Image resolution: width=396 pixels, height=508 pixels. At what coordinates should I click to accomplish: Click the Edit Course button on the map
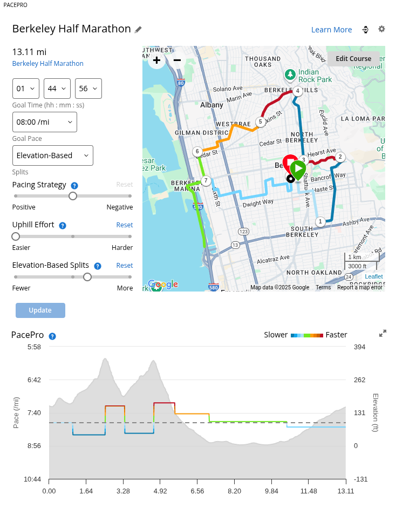click(x=353, y=59)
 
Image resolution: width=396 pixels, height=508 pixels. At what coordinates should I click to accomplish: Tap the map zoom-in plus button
click(x=156, y=60)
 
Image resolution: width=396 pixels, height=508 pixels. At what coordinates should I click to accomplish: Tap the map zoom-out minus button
click(x=177, y=60)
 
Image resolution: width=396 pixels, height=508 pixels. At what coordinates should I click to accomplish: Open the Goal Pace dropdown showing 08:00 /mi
click(x=45, y=122)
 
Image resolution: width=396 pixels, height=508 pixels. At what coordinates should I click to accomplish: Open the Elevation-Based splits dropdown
click(x=53, y=155)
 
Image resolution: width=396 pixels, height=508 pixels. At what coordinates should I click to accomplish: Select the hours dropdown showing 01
click(x=26, y=89)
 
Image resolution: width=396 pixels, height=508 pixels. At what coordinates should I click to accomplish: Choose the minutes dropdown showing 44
click(x=57, y=89)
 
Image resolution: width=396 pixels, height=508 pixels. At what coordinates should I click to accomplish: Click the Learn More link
click(x=331, y=30)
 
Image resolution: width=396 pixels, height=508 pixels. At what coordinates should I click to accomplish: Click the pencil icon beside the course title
click(x=139, y=30)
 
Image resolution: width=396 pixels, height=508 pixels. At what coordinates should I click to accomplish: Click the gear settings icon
click(x=382, y=29)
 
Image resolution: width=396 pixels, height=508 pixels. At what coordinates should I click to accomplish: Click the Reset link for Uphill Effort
click(x=125, y=225)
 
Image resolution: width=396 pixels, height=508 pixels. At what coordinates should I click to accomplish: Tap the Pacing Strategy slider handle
click(x=73, y=196)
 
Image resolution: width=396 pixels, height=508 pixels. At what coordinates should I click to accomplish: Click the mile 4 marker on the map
click(x=297, y=91)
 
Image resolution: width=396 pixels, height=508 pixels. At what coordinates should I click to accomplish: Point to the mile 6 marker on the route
click(x=197, y=151)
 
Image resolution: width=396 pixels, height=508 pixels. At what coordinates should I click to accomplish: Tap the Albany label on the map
click(x=211, y=105)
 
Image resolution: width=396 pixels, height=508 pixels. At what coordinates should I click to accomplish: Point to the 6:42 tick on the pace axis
click(x=34, y=380)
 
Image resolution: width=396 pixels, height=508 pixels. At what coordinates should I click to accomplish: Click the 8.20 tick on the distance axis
click(x=234, y=491)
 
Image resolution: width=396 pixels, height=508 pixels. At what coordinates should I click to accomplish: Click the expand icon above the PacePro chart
click(x=383, y=334)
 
